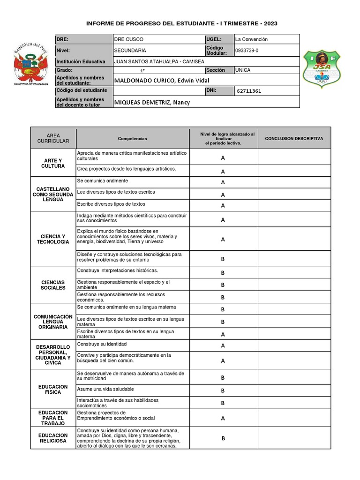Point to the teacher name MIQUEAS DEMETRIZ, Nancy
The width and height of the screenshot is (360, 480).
pos(152,103)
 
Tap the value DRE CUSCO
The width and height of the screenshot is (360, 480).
pos(129,39)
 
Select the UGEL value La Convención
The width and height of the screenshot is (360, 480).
pos(255,39)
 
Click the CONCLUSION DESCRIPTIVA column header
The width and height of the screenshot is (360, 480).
pos(294,139)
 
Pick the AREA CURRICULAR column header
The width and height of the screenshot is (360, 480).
pos(53,138)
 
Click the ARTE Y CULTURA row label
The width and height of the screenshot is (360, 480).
pos(53,163)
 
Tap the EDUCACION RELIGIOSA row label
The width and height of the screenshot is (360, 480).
pos(53,438)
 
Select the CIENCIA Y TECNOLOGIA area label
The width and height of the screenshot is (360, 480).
pos(53,239)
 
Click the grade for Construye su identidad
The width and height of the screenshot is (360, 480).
pos(223,345)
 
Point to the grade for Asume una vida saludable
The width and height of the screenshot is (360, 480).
pos(223,390)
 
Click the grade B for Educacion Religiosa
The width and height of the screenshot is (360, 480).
pos(223,438)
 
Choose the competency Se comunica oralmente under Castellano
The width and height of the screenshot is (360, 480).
pos(103,181)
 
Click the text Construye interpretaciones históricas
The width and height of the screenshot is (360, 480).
pos(118,270)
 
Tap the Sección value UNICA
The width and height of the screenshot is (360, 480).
pos(243,70)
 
